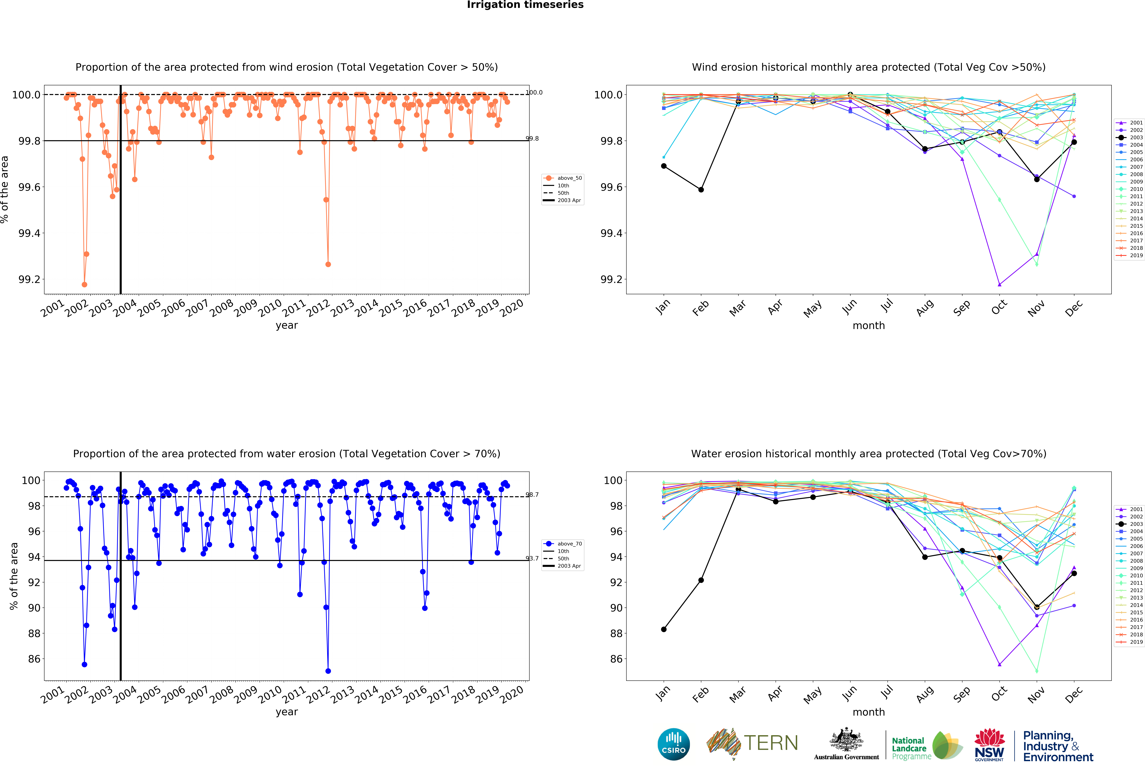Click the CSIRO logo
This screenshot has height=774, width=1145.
tap(673, 744)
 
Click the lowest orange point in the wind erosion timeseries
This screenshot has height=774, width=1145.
tap(84, 284)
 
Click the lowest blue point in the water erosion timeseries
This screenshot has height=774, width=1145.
tap(328, 671)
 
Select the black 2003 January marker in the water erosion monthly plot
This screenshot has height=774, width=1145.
tap(664, 629)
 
